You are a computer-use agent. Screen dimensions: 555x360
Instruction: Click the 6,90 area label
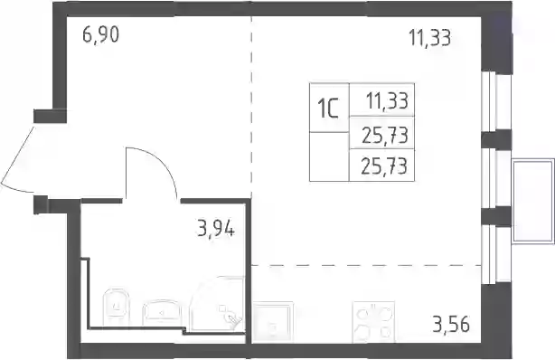[101, 35]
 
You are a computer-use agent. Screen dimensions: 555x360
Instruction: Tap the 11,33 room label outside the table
[430, 38]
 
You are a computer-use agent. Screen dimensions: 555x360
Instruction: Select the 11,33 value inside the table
[387, 100]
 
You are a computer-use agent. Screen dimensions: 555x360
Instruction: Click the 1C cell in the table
[329, 108]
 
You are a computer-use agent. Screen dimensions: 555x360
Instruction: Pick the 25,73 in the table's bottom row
[383, 166]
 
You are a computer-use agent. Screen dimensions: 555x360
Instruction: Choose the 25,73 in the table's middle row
[385, 136]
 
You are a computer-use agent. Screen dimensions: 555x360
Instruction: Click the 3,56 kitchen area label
[451, 324]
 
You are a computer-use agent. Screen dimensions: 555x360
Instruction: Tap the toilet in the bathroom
[115, 307]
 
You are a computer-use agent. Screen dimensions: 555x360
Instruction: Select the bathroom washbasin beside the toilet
[162, 313]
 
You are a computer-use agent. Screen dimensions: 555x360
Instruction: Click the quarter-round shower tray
[217, 304]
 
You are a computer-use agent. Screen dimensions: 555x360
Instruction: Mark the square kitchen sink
[273, 322]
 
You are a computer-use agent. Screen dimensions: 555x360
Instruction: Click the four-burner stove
[373, 322]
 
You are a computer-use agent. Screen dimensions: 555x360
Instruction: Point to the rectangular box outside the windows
[533, 201]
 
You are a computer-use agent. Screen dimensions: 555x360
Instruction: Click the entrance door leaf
[18, 156]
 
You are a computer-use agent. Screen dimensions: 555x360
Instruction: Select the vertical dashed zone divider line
[251, 108]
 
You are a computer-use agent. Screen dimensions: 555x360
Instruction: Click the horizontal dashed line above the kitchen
[366, 265]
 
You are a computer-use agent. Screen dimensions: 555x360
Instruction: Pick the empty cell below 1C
[329, 156]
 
